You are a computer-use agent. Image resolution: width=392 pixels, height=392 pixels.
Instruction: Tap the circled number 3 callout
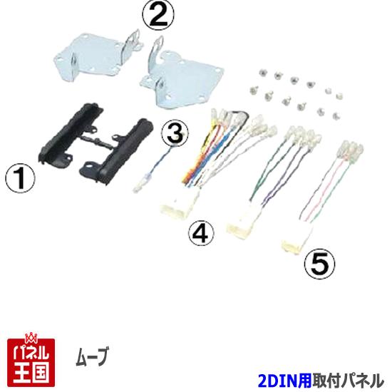175,133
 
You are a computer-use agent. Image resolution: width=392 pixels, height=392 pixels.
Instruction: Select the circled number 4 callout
202,232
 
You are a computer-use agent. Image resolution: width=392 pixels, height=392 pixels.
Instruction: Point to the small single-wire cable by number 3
153,171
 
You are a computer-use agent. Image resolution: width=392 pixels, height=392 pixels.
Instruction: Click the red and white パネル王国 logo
29,359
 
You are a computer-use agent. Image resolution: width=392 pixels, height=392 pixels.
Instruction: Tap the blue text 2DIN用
284,381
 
